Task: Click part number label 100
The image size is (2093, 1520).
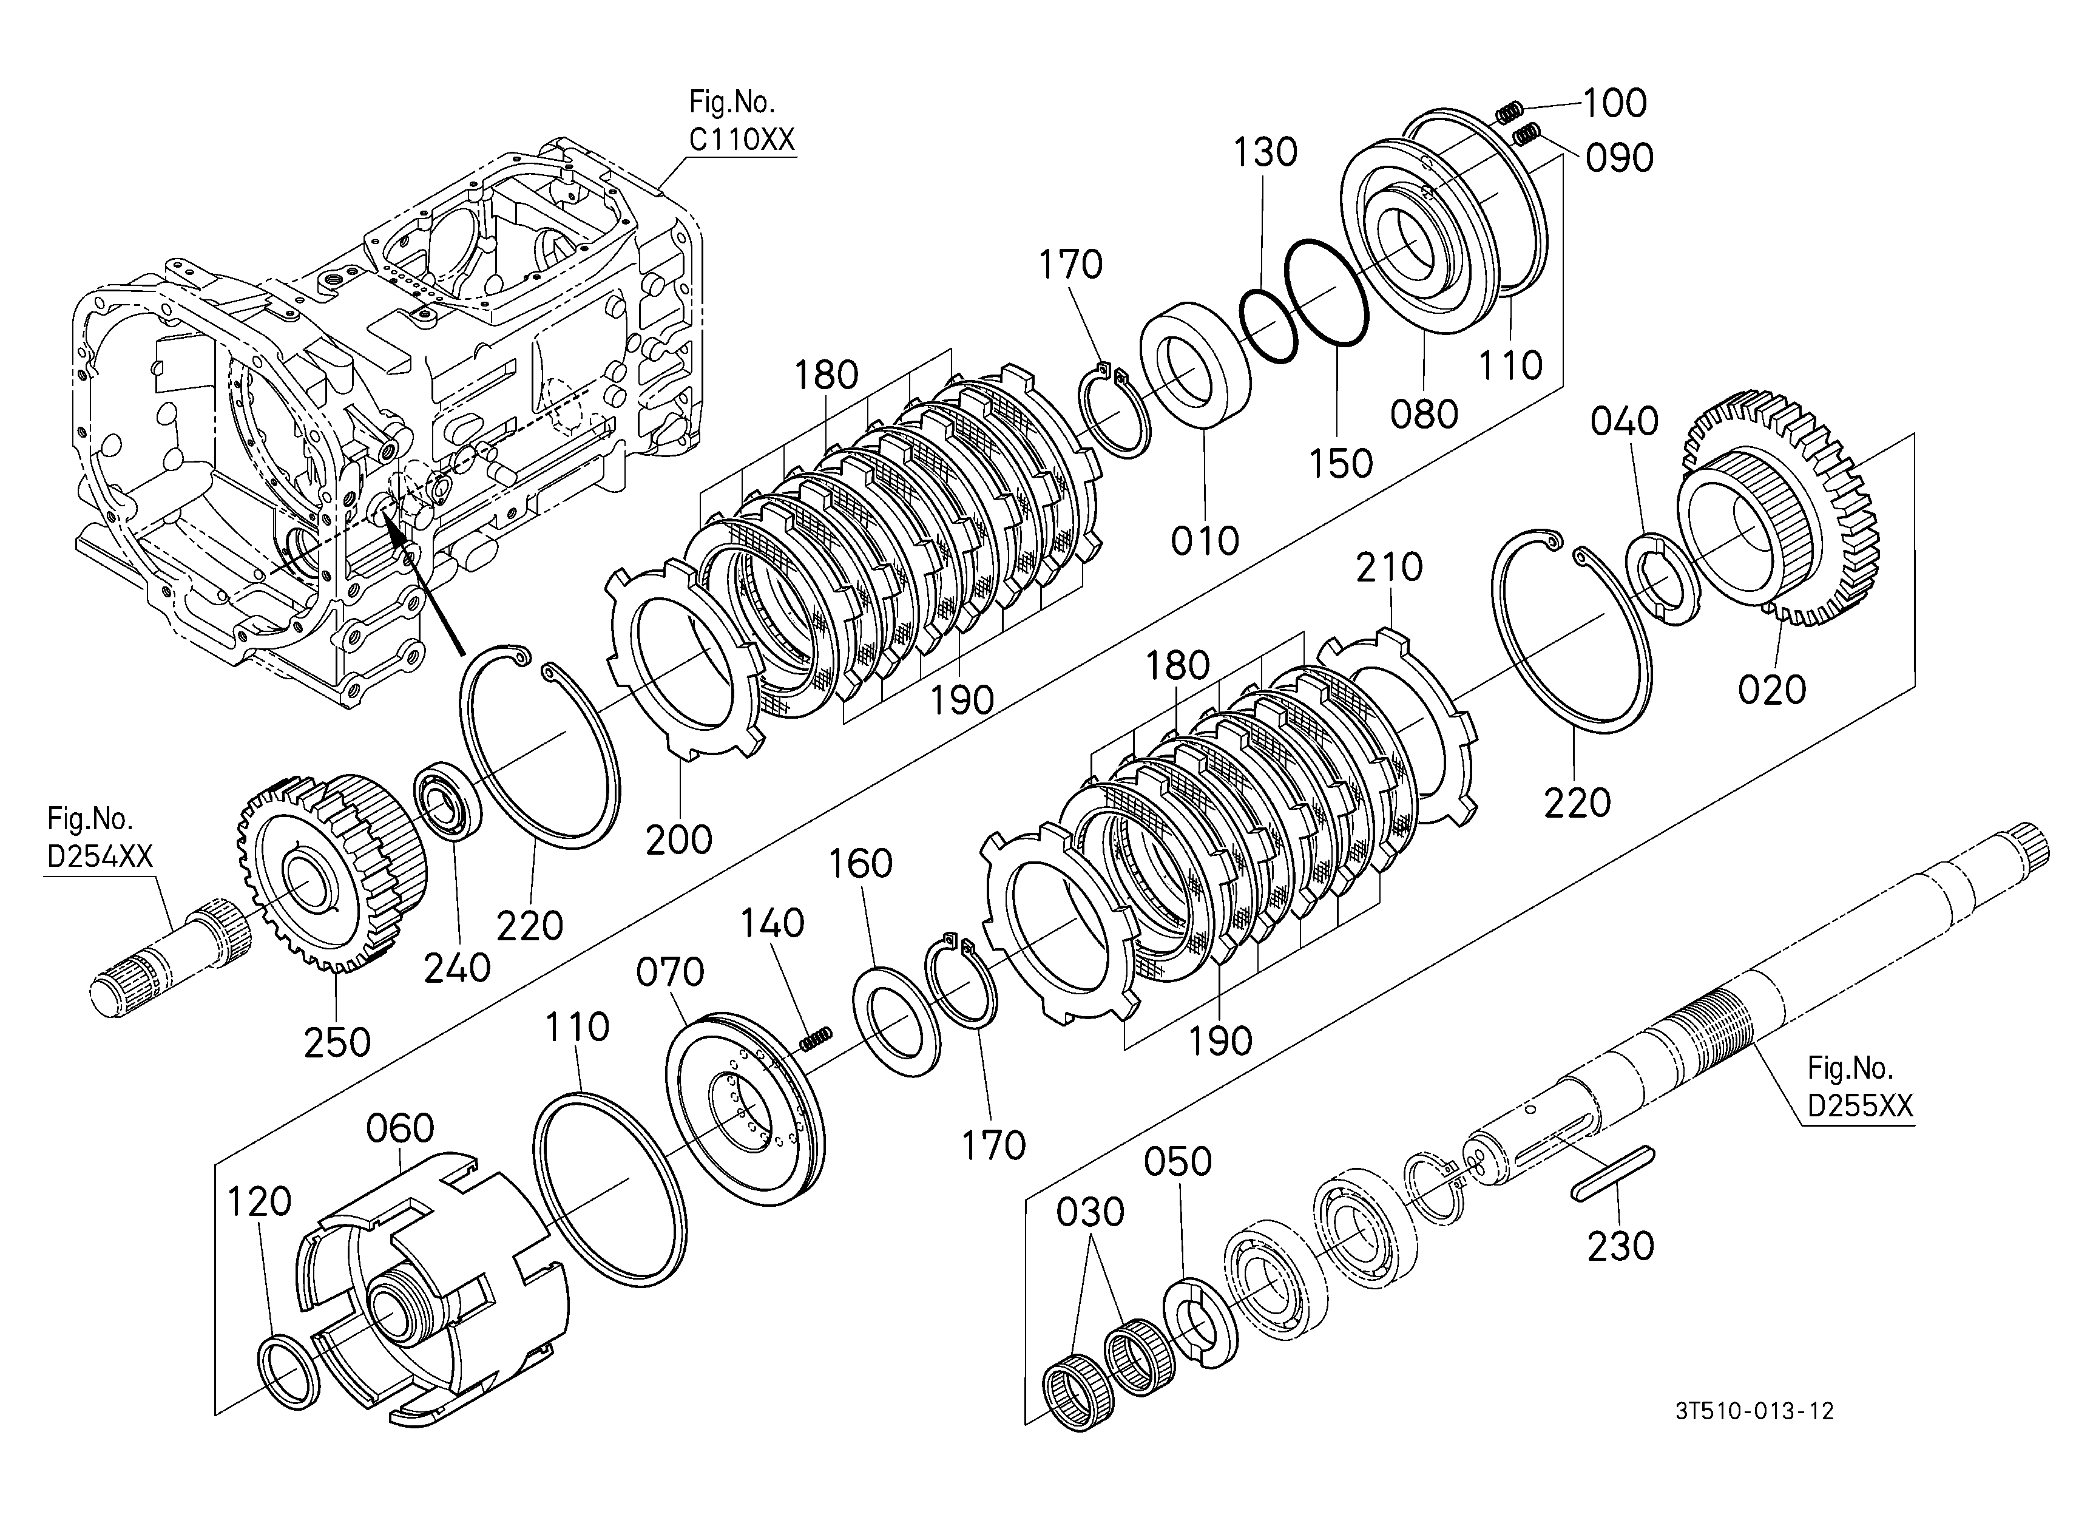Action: [x=1615, y=103]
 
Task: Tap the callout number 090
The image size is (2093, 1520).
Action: [x=1620, y=158]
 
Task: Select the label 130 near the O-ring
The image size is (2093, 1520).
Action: [x=1266, y=152]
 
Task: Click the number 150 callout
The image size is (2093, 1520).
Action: [x=1341, y=463]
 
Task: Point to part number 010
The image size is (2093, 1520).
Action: [x=1205, y=541]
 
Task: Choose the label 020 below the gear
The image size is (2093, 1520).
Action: [x=1772, y=690]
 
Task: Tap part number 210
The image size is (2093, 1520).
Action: [x=1390, y=568]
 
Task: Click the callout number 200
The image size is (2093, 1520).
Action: [x=679, y=840]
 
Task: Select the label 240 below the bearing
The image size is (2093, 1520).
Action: [x=458, y=968]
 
